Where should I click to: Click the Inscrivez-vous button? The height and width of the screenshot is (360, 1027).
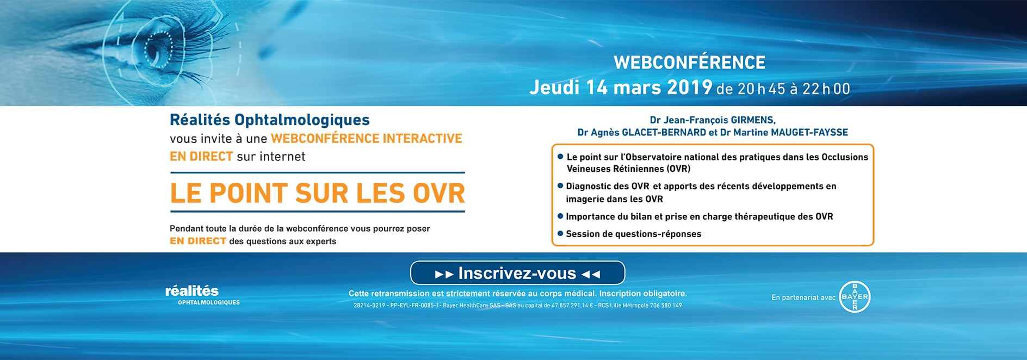click(517, 273)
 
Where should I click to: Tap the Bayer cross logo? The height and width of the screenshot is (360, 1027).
click(855, 297)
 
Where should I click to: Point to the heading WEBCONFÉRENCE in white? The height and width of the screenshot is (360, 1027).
click(689, 63)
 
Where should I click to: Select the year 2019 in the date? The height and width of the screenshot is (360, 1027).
click(690, 87)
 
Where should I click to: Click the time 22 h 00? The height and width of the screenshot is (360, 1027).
click(826, 89)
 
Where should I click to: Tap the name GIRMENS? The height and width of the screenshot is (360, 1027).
click(753, 120)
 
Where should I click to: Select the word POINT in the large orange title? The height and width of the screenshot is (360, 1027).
click(249, 193)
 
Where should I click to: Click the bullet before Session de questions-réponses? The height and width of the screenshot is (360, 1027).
click(560, 233)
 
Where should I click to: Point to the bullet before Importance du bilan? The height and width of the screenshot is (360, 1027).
click(560, 216)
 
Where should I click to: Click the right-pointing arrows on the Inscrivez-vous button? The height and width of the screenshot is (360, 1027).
click(444, 275)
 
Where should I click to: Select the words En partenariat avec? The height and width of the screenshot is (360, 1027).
click(803, 297)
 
